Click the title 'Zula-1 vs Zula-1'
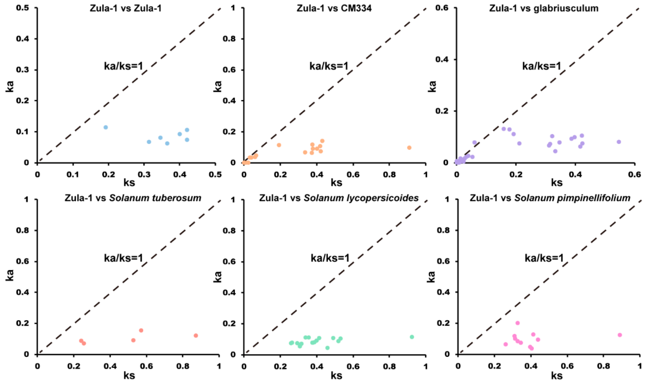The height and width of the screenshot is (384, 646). point(126,8)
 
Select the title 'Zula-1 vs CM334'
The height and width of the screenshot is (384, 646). point(334,8)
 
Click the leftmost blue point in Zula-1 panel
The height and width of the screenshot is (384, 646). point(106,127)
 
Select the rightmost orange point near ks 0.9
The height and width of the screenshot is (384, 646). point(409,148)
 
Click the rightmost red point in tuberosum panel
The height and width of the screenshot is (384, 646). point(196,335)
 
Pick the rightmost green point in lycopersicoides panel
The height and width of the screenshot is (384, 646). point(412,337)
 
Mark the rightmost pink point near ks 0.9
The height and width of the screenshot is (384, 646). point(620,335)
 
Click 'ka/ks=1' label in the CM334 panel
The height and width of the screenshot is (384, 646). point(329,66)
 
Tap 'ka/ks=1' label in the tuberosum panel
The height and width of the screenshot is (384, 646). point(123,258)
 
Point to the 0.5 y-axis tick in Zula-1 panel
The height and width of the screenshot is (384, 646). point(23,8)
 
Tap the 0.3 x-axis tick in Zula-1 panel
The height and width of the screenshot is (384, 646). point(144,175)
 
